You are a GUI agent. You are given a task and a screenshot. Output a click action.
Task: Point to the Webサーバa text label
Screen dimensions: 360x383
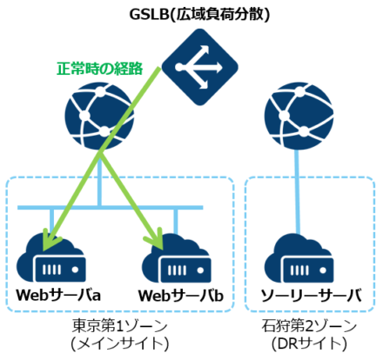pyautogui.click(x=58, y=296)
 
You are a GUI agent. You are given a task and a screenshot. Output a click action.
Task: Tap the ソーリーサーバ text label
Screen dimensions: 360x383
pyautogui.click(x=310, y=296)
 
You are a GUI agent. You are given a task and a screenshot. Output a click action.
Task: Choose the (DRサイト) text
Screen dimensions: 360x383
pyautogui.click(x=310, y=344)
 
